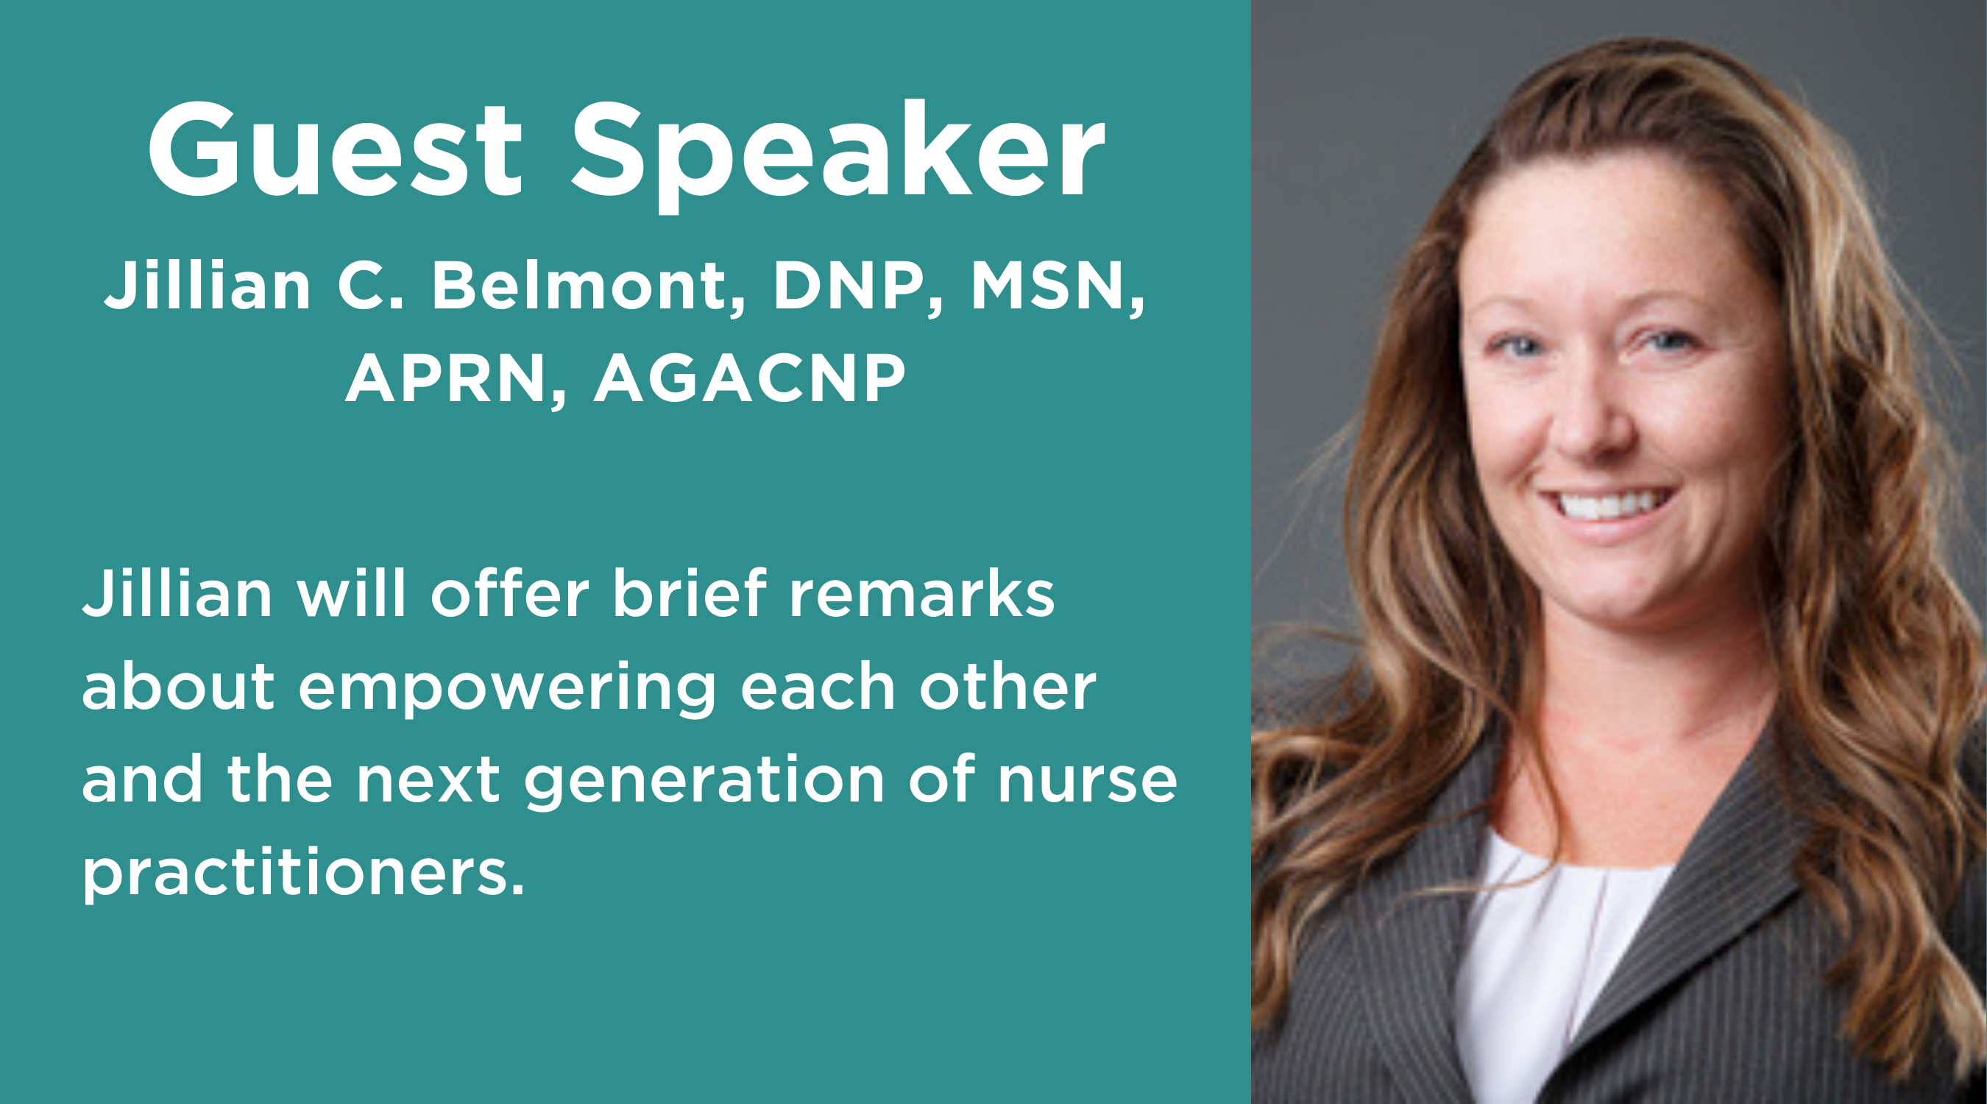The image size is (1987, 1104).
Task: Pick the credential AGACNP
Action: (x=750, y=378)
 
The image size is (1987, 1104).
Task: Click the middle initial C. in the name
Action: (x=370, y=286)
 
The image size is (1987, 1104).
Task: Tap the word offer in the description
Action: (x=510, y=593)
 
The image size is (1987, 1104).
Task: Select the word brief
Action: (x=690, y=593)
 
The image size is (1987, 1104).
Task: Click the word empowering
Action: (x=507, y=689)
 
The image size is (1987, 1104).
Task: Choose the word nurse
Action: (x=1088, y=781)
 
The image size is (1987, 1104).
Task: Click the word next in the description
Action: (x=428, y=781)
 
